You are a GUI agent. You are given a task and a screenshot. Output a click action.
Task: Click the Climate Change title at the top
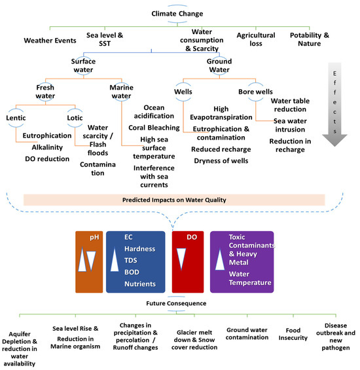(x=177, y=13)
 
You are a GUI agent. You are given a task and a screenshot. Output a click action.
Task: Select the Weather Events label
(x=46, y=39)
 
